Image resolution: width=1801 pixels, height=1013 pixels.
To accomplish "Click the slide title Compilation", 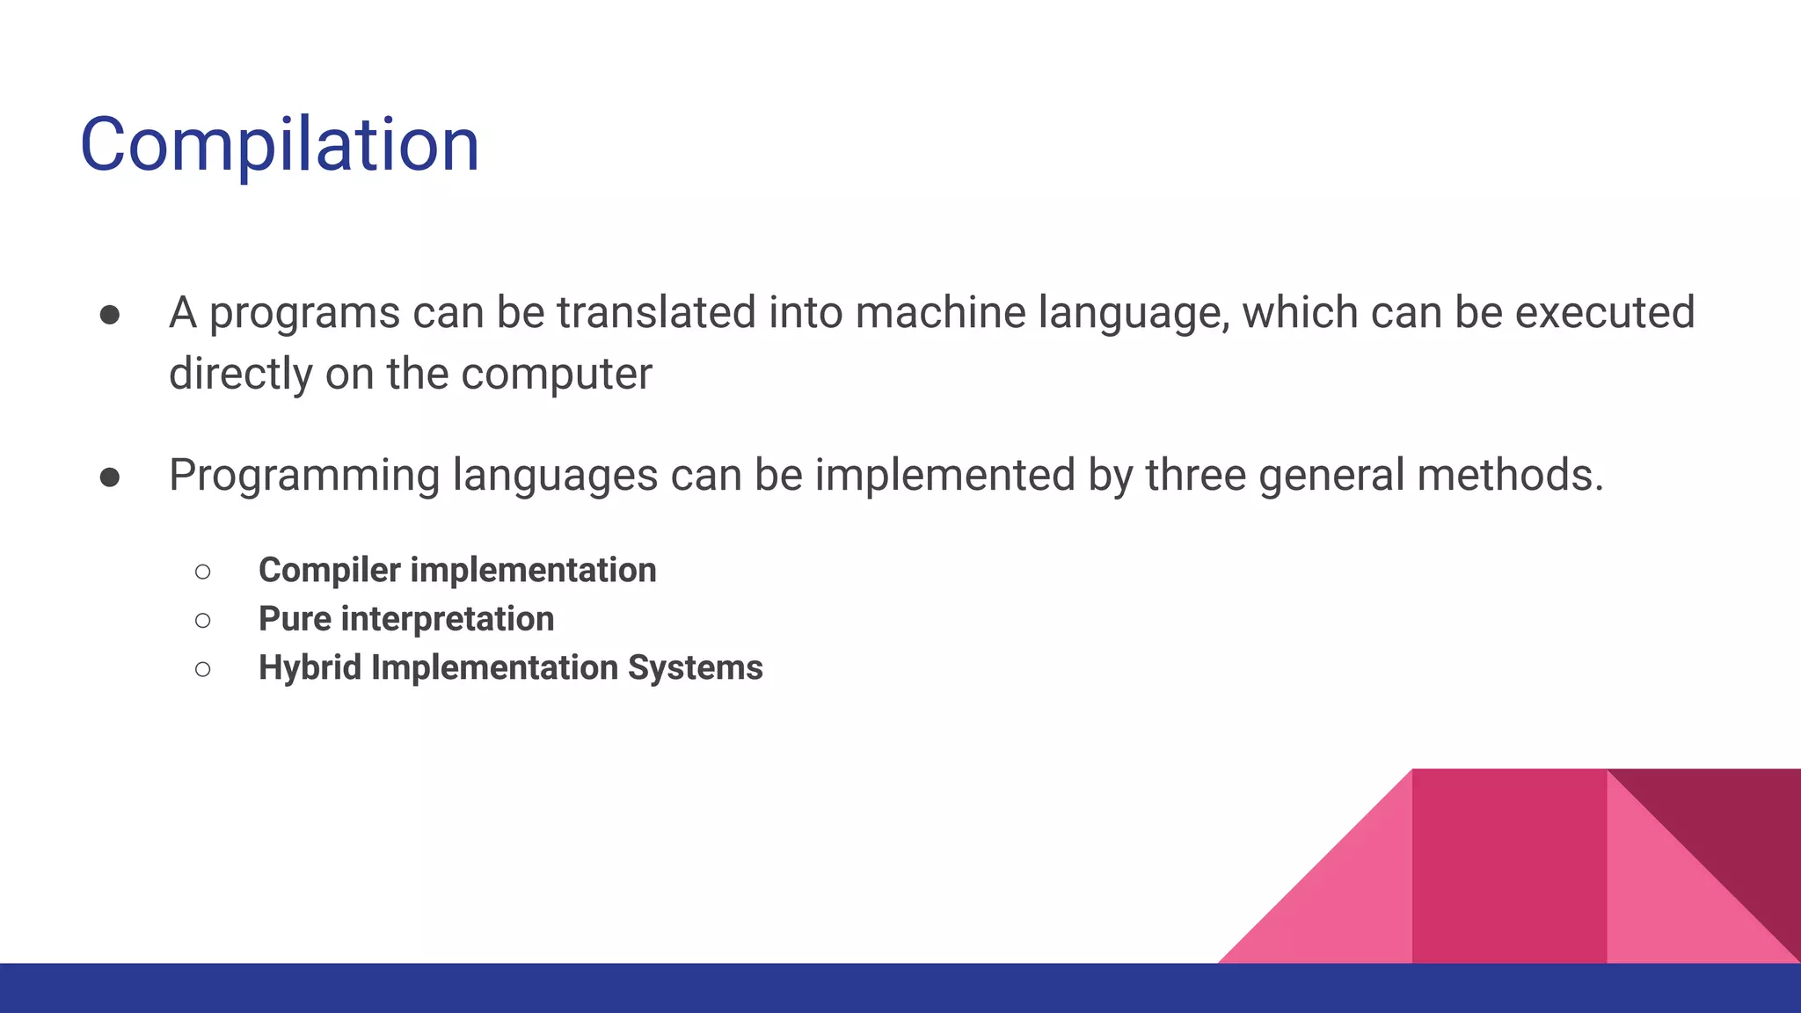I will click(280, 145).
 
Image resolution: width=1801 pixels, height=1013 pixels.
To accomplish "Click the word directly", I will click(240, 375).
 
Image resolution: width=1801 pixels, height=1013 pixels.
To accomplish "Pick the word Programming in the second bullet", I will click(303, 476).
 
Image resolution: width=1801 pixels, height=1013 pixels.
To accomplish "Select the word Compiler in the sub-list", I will click(330, 571).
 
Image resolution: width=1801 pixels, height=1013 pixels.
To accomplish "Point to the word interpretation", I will click(448, 619).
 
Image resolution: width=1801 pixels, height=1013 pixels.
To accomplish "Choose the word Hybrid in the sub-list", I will click(310, 667).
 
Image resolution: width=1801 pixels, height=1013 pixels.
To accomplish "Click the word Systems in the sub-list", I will click(695, 667).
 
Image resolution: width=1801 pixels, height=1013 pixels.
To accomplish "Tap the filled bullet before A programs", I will click(110, 315).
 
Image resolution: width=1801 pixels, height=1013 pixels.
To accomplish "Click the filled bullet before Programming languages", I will click(110, 477).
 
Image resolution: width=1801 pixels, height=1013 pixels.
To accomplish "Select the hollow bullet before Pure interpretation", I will click(203, 621).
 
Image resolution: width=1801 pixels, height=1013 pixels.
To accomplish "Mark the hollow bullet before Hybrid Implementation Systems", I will click(203, 669).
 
